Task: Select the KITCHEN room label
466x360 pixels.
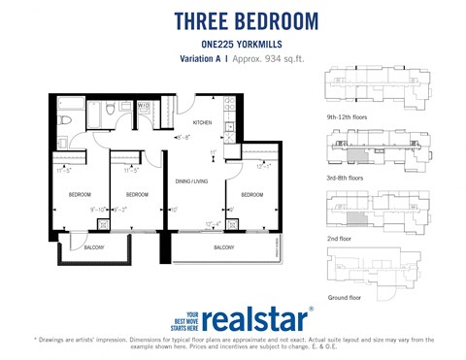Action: [202, 123]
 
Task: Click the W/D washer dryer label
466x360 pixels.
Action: [143, 105]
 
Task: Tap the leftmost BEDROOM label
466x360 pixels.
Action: [80, 194]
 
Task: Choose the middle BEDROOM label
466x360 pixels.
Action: [137, 194]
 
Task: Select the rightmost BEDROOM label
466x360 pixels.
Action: [251, 194]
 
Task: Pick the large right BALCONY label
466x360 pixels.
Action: [223, 247]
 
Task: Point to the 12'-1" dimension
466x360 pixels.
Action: [262, 167]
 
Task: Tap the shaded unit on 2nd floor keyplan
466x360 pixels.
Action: [358, 220]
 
